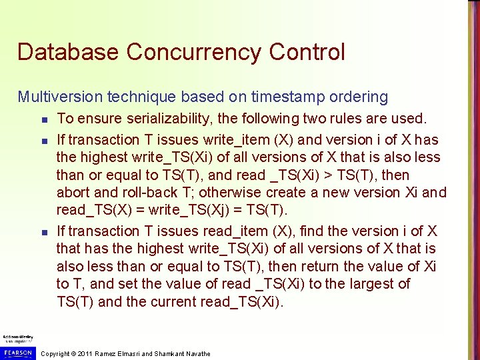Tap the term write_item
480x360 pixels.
tap(218, 140)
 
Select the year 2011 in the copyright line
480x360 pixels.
tap(85, 353)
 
